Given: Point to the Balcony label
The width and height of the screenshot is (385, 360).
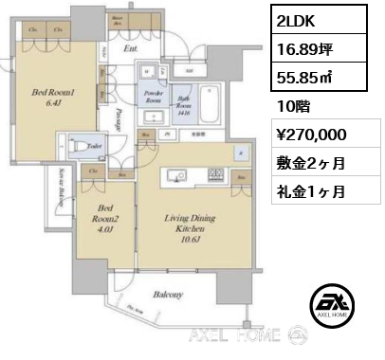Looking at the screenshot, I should click(170, 296).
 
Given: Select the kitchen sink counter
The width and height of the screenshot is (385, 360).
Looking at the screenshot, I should click(176, 175).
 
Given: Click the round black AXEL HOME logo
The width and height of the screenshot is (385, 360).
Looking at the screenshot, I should click(338, 305).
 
